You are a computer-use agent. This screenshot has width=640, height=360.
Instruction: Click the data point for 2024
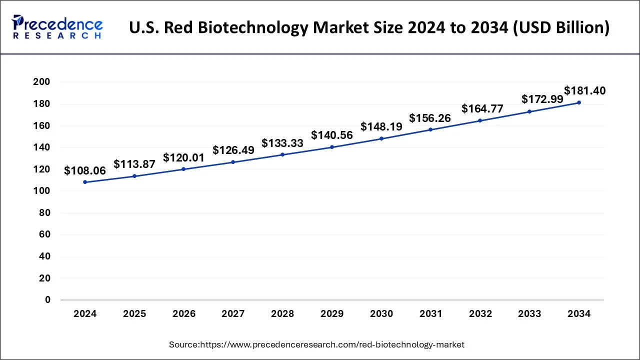pyautogui.click(x=85, y=182)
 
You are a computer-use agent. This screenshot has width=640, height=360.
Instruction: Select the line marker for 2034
pyautogui.click(x=579, y=102)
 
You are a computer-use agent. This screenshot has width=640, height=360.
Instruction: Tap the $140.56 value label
pyautogui.click(x=332, y=135)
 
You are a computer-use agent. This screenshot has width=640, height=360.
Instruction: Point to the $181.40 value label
pyautogui.click(x=585, y=91)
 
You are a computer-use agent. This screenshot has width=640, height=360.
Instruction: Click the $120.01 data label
pyautogui.click(x=183, y=158)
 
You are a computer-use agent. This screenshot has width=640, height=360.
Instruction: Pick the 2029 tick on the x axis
pyautogui.click(x=332, y=314)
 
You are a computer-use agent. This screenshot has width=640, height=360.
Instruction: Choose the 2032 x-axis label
pyautogui.click(x=480, y=314)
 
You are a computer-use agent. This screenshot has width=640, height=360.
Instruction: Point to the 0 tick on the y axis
pyautogui.click(x=48, y=300)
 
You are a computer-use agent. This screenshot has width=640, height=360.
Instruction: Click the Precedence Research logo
pyautogui.click(x=57, y=27)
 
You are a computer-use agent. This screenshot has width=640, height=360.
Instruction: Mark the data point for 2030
pyautogui.click(x=381, y=138)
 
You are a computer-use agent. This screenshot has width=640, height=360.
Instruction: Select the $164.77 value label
pyautogui.click(x=482, y=108)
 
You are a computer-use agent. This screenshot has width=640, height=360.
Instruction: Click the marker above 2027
pyautogui.click(x=233, y=162)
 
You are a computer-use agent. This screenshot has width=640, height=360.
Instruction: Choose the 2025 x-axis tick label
pyautogui.click(x=134, y=314)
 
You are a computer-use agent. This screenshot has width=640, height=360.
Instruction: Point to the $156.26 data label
pyautogui.click(x=430, y=118)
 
